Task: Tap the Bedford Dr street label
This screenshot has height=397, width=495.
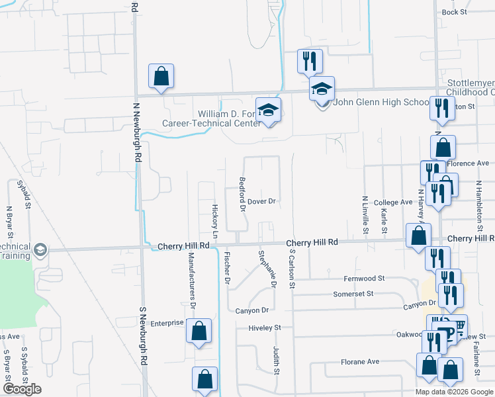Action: (242, 195)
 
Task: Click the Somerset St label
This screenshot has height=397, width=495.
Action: (353, 293)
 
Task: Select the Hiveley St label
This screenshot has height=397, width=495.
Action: (265, 328)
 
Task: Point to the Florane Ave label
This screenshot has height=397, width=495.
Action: (360, 362)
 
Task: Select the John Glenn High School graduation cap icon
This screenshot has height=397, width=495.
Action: (322, 89)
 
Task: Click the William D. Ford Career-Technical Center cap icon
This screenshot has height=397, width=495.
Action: (269, 110)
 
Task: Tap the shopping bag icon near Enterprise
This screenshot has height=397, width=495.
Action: (199, 331)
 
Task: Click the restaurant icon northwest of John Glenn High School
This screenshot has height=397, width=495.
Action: (310, 62)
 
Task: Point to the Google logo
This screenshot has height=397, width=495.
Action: (22, 389)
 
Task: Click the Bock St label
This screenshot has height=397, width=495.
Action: (454, 12)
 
